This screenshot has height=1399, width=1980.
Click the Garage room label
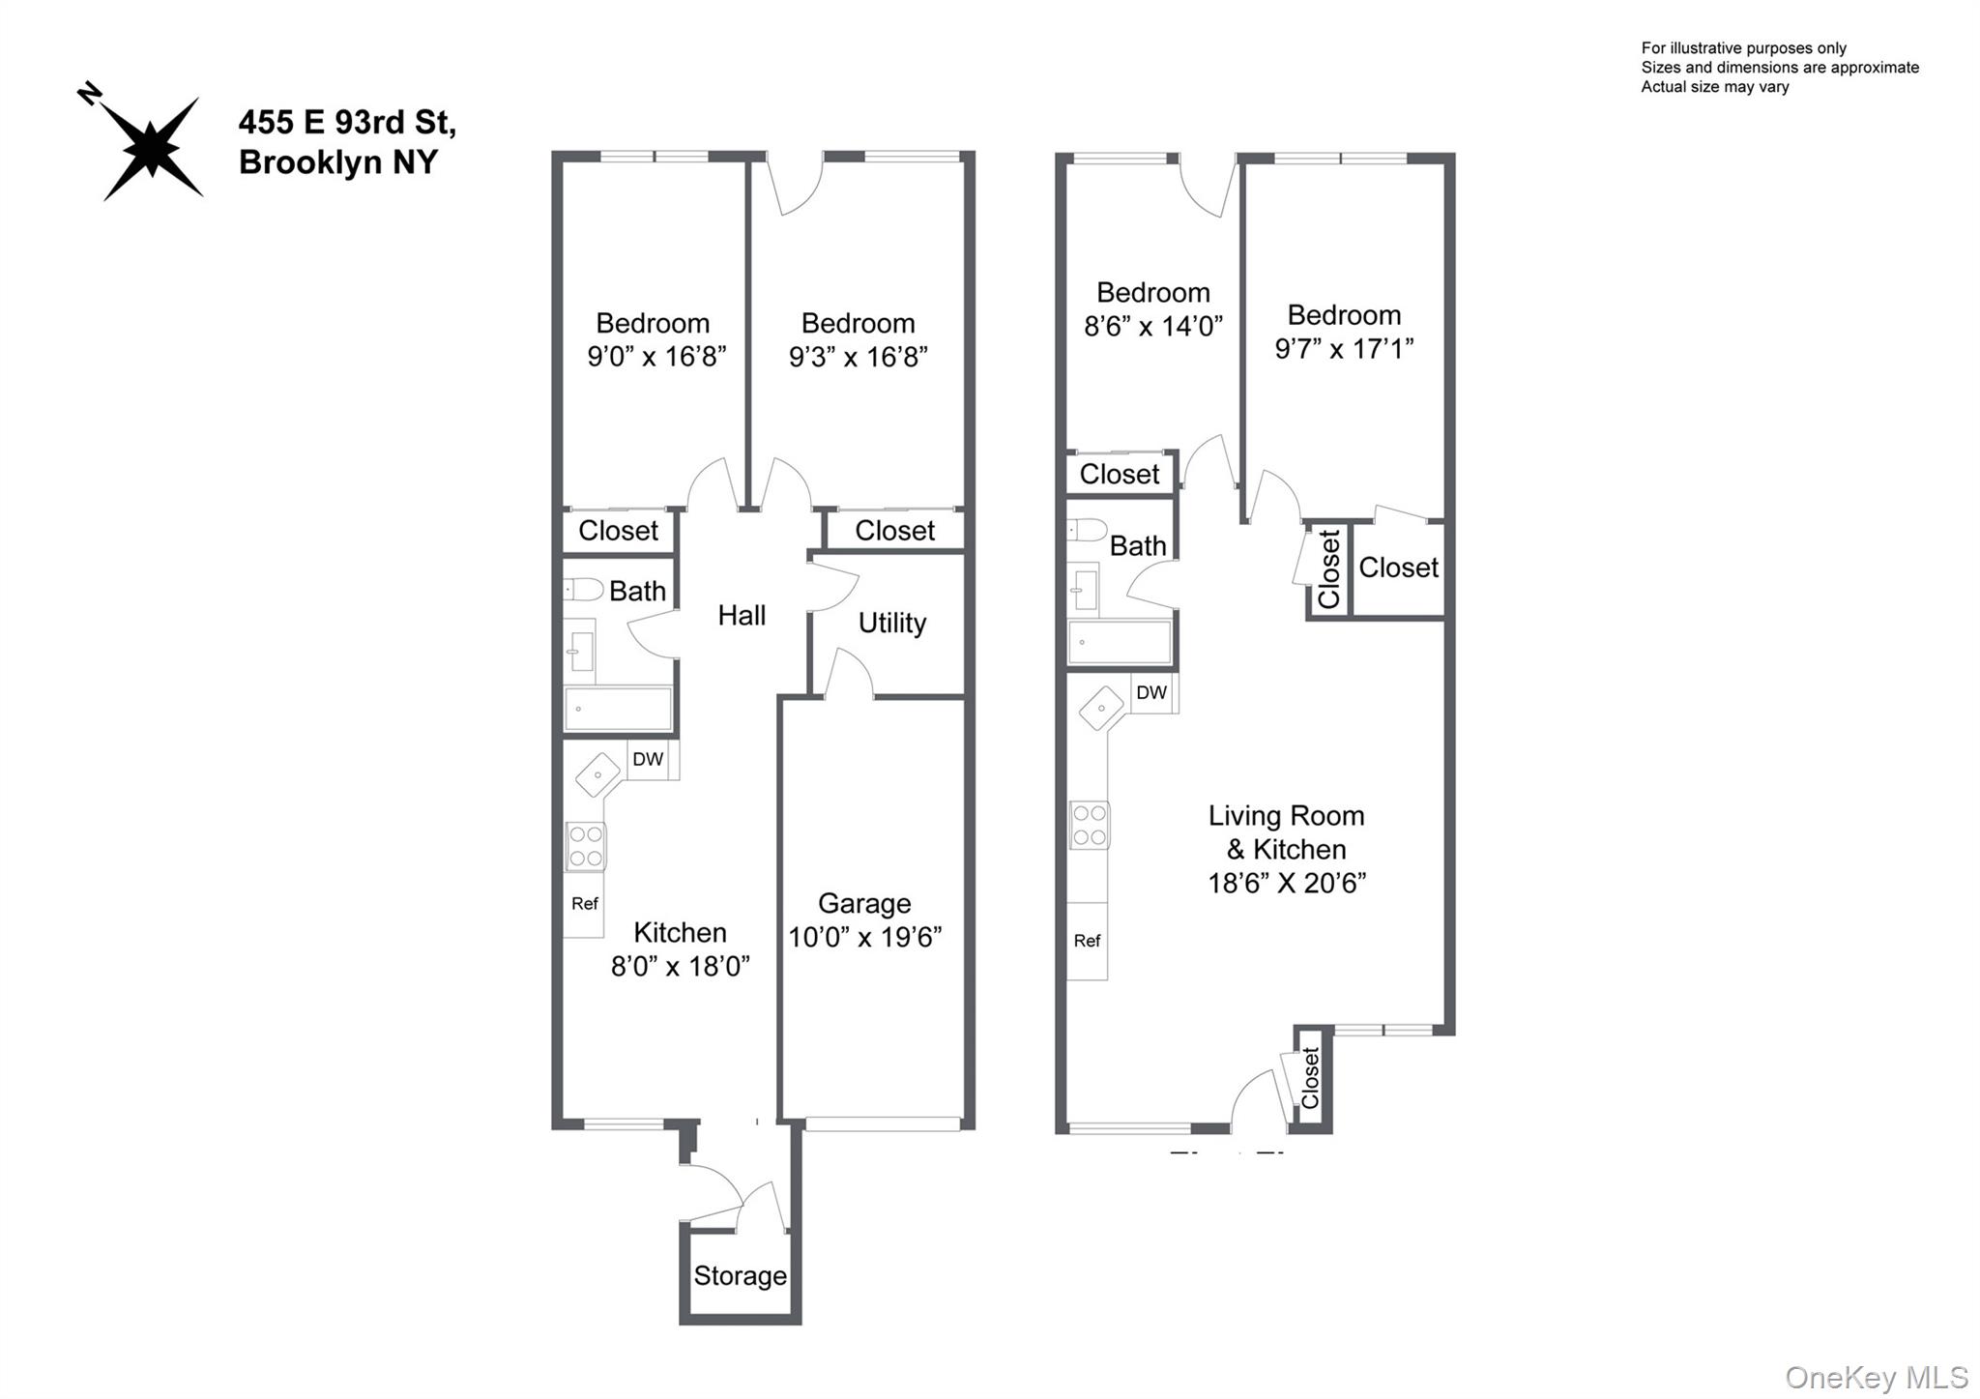(x=863, y=903)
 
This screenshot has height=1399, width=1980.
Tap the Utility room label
(x=891, y=623)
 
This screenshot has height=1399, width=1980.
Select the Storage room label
(x=740, y=1275)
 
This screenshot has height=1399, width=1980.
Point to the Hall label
(x=742, y=615)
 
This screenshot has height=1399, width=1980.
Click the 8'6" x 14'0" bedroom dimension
(x=1152, y=326)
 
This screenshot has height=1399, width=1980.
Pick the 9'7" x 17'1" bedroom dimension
(x=1344, y=348)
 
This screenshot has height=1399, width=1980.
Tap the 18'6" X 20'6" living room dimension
(x=1286, y=883)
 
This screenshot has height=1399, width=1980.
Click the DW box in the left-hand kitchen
(x=648, y=759)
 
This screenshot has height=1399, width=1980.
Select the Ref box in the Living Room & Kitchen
(x=1087, y=941)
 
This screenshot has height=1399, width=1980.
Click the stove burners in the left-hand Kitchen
(x=586, y=846)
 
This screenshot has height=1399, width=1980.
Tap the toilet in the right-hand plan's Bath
(x=1087, y=530)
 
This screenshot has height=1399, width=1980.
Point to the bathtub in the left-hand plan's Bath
(x=618, y=708)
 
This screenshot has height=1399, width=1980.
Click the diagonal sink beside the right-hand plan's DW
(x=1101, y=708)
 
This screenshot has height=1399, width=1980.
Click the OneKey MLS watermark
(x=1876, y=1377)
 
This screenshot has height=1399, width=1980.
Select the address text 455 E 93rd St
(x=347, y=123)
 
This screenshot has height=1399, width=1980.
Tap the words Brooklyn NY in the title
(x=338, y=162)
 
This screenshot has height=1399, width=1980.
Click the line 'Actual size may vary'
(x=1714, y=87)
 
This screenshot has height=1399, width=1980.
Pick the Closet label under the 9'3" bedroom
(x=894, y=530)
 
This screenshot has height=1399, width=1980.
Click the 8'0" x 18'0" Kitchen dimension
(x=680, y=966)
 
